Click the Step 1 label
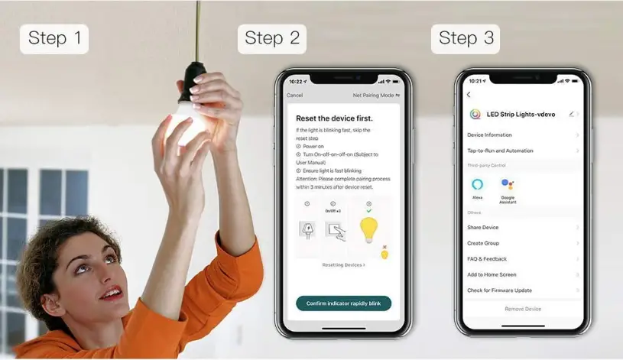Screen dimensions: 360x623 pyautogui.click(x=54, y=39)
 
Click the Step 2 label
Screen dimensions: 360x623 pyautogui.click(x=272, y=39)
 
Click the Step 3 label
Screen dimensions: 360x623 pyautogui.click(x=466, y=39)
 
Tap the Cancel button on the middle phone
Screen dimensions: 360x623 pyautogui.click(x=295, y=96)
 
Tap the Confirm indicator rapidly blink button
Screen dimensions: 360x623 pyautogui.click(x=343, y=303)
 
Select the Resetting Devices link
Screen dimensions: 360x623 pyautogui.click(x=343, y=264)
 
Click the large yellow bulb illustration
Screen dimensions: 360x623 pyautogui.click(x=369, y=229)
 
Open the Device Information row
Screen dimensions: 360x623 pyautogui.click(x=490, y=135)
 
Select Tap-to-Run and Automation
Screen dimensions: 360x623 pyautogui.click(x=500, y=151)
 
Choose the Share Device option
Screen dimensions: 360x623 pyautogui.click(x=483, y=227)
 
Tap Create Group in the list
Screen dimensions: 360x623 pyautogui.click(x=483, y=243)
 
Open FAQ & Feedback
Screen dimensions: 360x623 pyautogui.click(x=487, y=259)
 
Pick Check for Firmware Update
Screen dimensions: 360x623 pyautogui.click(x=499, y=290)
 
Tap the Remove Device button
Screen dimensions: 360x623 pyautogui.click(x=523, y=309)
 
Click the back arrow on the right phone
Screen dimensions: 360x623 pyautogui.click(x=469, y=95)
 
